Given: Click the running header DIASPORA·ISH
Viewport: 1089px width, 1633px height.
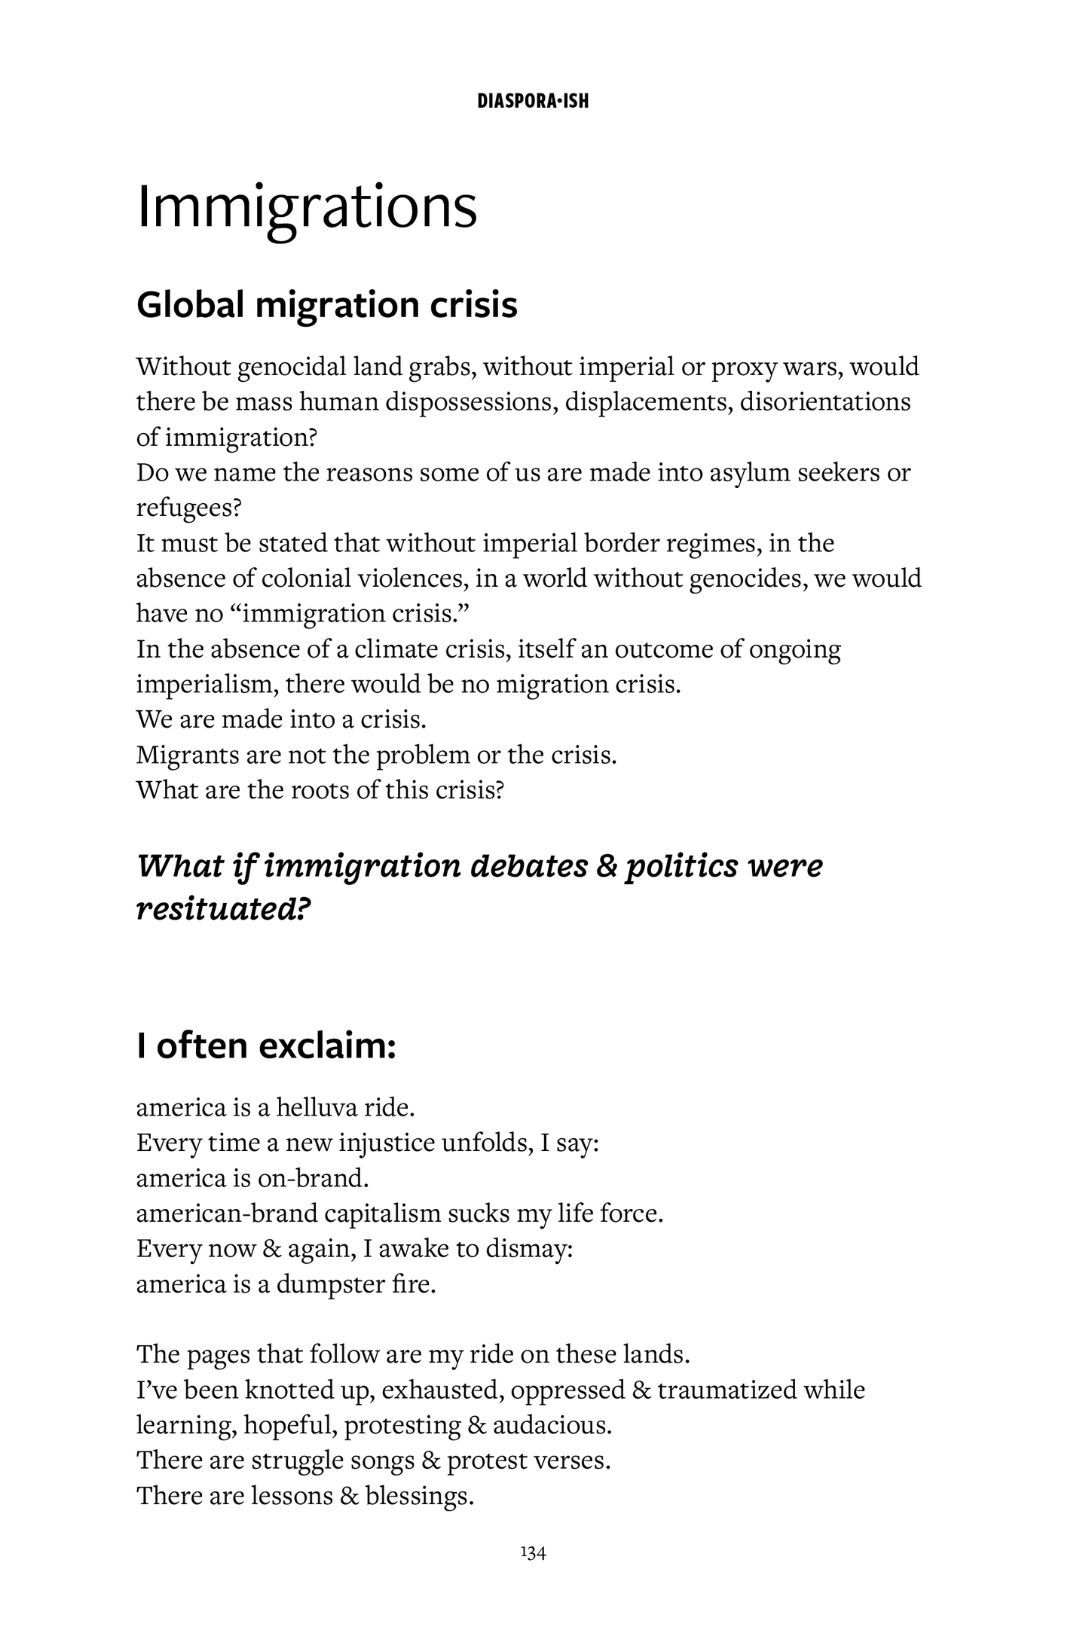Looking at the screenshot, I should tap(533, 101).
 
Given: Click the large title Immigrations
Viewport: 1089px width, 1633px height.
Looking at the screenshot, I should tap(307, 208).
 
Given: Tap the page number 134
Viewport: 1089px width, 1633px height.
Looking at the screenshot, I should tap(533, 1552).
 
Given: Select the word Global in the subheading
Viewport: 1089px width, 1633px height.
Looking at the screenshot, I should tap(191, 305).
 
